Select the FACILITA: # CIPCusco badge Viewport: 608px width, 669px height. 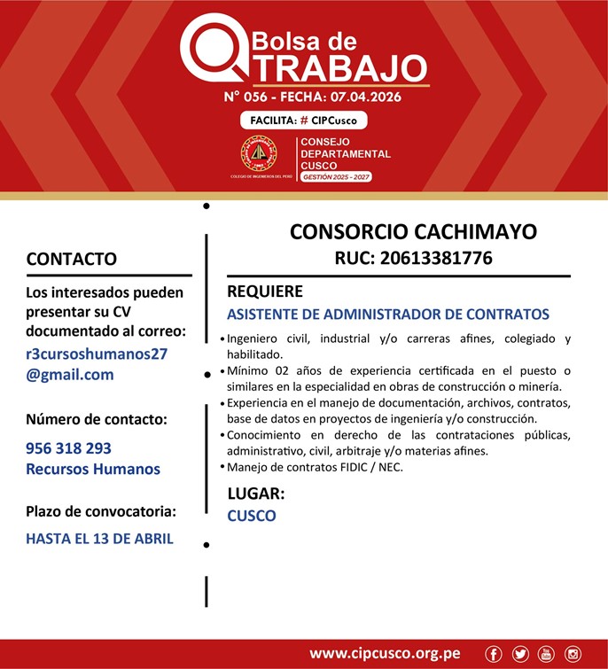tap(303, 121)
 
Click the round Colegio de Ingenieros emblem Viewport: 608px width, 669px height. tap(259, 154)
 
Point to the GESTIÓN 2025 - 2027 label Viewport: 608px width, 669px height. tap(336, 177)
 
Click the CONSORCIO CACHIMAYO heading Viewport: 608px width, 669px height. tap(413, 232)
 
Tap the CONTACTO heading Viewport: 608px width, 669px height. tap(72, 259)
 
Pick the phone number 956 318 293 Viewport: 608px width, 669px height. tap(69, 448)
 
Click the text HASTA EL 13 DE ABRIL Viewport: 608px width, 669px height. tap(99, 538)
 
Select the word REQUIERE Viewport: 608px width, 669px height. tap(265, 292)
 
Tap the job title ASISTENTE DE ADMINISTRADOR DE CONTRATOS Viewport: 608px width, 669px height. tap(388, 315)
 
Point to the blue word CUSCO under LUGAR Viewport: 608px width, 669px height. tap(252, 516)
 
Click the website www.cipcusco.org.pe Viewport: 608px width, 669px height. tap(385, 654)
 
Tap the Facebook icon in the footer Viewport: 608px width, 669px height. tap(494, 654)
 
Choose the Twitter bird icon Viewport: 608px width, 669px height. tap(520, 654)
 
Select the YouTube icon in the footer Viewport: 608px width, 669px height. tap(546, 654)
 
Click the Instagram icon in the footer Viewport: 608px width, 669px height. tap(573, 654)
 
